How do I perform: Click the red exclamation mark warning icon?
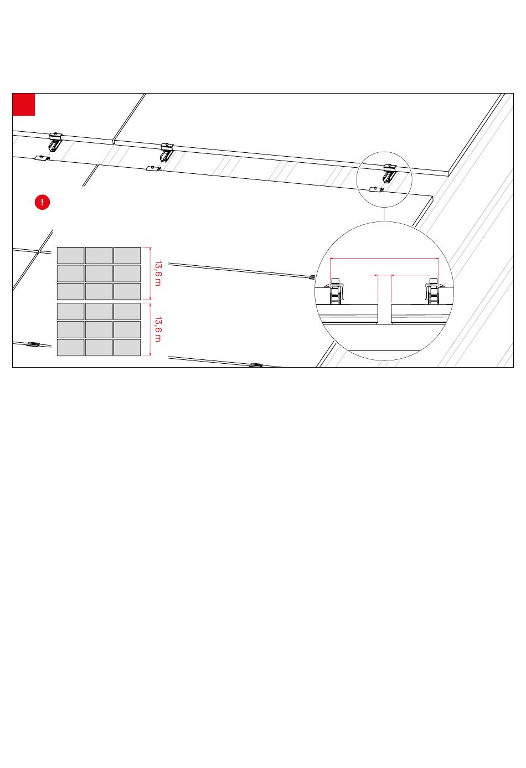[x=42, y=202]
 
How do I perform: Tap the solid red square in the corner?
[x=24, y=105]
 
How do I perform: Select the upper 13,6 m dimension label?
[x=158, y=273]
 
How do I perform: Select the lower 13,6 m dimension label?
[x=158, y=329]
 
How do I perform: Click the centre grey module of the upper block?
[x=99, y=273]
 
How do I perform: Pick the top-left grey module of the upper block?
[x=71, y=255]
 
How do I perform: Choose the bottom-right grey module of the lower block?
[x=127, y=347]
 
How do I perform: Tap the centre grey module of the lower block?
[x=99, y=329]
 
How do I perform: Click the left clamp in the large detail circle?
[x=336, y=292]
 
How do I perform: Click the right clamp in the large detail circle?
[x=434, y=292]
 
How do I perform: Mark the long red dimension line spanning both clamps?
[x=384, y=259]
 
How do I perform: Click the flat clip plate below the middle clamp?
[x=153, y=168]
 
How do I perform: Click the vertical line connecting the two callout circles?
[x=384, y=215]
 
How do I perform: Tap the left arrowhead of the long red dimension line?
[x=331, y=259]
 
